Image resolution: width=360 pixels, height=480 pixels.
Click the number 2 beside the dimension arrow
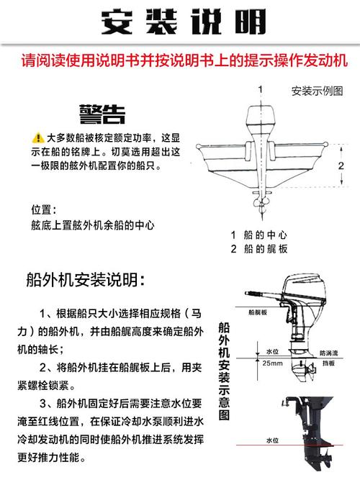pyautogui.click(x=343, y=166)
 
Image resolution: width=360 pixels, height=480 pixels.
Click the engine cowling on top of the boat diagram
pyautogui.click(x=259, y=118)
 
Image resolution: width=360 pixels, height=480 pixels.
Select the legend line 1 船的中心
pyautogui.click(x=259, y=235)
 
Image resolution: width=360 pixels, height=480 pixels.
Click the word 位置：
pyautogui.click(x=43, y=209)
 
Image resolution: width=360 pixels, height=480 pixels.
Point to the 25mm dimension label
pyautogui.click(x=272, y=364)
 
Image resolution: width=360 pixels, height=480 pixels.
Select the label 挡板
pyautogui.click(x=329, y=364)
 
